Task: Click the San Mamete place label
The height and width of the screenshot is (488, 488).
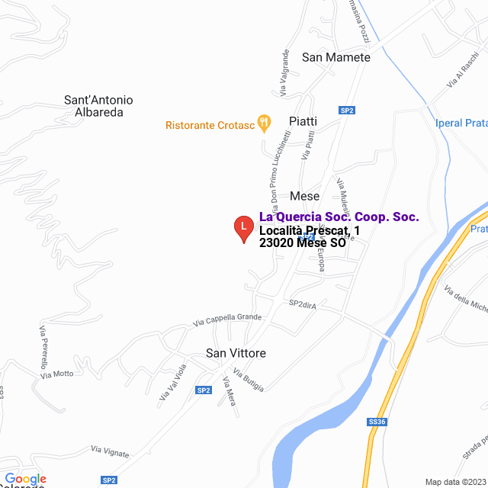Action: (335, 57)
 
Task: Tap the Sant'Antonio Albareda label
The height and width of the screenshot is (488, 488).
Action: (98, 106)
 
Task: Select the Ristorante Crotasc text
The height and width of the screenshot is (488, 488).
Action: (210, 124)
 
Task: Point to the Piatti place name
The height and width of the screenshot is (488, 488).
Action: (303, 121)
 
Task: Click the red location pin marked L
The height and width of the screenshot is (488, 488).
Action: (243, 228)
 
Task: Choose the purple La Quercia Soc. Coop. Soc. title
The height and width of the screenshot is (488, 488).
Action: (339, 217)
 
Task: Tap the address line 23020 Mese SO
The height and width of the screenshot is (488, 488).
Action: (302, 243)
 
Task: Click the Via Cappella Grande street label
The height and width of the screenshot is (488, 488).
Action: (227, 319)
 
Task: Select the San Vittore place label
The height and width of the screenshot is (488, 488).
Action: (236, 353)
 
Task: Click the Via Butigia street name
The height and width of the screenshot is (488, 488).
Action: (249, 380)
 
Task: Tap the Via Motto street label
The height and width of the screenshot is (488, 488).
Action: (57, 374)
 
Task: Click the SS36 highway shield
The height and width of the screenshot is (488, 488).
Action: (377, 421)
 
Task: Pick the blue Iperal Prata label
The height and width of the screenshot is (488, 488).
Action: (461, 124)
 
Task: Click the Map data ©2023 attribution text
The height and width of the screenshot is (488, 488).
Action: (455, 482)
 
